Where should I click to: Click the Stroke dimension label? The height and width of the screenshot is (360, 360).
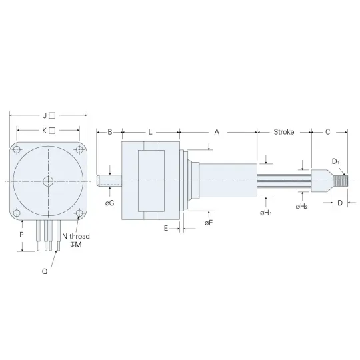coord(284,132)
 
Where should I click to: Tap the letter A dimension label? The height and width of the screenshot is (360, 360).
coord(217,132)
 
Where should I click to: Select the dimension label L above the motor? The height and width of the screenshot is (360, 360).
coord(150,132)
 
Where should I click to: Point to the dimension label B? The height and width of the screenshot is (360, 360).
coord(110,132)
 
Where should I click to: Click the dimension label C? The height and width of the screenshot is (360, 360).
coord(327,132)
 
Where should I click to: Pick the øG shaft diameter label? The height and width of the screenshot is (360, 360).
coord(109,203)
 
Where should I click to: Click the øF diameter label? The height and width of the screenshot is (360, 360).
coord(209,223)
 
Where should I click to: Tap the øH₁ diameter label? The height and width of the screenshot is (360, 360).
coord(266,213)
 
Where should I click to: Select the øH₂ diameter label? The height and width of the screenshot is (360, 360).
coord(302,207)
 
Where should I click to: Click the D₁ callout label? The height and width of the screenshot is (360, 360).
coord(335,161)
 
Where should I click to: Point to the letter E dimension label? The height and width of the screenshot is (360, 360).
coord(166,229)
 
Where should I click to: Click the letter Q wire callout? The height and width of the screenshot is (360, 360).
coord(45,271)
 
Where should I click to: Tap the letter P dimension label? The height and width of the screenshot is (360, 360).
coord(21,235)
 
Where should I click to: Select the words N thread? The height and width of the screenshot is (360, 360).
coord(76,236)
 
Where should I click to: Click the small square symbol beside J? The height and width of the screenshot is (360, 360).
coord(52,115)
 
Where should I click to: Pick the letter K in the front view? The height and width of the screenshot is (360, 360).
coord(45,131)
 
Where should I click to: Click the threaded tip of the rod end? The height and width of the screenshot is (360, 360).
coord(341,181)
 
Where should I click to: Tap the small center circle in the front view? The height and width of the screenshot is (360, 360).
coord(48,181)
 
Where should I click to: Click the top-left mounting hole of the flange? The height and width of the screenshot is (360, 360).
coord(17,150)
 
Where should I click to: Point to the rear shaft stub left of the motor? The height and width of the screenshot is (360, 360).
coord(109,181)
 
